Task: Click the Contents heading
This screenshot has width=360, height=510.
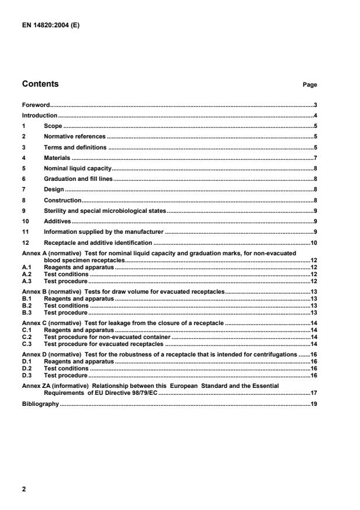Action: (40, 84)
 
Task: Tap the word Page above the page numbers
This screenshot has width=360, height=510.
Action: (309, 85)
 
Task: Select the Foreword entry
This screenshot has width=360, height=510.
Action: (36, 105)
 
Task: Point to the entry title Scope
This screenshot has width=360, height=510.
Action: (53, 126)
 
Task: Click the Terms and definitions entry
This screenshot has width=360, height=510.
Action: (75, 147)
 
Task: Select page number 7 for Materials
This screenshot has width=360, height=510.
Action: (315, 158)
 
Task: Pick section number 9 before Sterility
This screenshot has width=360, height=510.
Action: (24, 211)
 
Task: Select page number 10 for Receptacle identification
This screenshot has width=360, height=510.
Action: (313, 242)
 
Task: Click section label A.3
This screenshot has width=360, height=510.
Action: (26, 281)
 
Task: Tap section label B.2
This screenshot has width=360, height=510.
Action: (26, 305)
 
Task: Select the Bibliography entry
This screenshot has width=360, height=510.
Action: (41, 404)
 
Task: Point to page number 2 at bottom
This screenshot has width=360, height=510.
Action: (24, 489)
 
